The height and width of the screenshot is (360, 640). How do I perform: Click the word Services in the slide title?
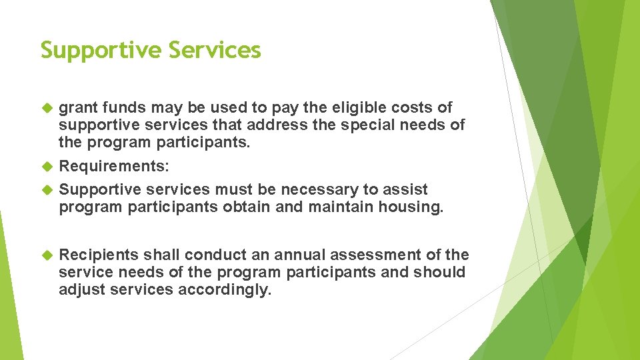pos(215,50)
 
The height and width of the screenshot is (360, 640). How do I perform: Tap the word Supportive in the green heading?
pos(101,50)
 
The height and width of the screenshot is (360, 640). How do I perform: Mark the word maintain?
pos(339,207)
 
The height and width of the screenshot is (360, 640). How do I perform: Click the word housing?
pos(411,207)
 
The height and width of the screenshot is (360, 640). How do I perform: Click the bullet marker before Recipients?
pos(47,255)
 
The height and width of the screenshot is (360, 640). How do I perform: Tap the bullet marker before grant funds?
pos(47,108)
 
